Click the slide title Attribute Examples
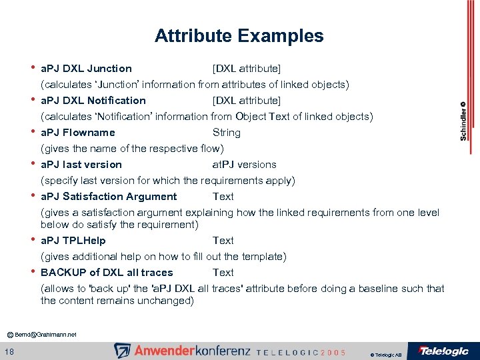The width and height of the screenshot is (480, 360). [239, 36]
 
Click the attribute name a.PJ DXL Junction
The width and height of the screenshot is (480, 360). [86, 69]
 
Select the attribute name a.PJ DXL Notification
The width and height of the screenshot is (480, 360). [93, 101]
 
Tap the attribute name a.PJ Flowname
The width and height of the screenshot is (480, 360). [77, 133]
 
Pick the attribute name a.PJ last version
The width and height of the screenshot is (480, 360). [81, 165]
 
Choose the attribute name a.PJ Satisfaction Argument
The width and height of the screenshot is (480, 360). [109, 197]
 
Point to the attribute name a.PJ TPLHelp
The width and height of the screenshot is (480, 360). [73, 241]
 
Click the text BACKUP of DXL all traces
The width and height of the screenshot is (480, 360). [107, 273]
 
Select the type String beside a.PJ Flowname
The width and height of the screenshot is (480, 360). [226, 133]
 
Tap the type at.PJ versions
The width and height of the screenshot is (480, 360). [244, 165]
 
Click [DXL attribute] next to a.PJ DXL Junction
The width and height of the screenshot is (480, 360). [246, 69]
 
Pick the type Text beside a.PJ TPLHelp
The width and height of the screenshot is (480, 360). [223, 241]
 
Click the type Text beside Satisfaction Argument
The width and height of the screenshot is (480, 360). [223, 197]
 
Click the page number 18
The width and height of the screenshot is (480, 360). [11, 351]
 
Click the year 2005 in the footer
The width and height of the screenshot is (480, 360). [333, 352]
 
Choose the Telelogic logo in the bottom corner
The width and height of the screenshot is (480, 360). [443, 351]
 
